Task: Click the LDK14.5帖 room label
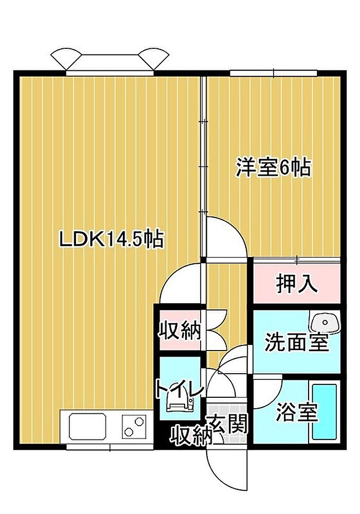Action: point(111,240)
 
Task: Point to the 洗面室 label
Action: point(296,342)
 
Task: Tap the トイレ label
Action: point(180,389)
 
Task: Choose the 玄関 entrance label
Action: point(227,423)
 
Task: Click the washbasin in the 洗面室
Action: point(325,322)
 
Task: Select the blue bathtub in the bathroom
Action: point(325,412)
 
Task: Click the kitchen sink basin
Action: point(87,426)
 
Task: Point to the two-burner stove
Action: point(133,427)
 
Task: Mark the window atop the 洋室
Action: point(274,74)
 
